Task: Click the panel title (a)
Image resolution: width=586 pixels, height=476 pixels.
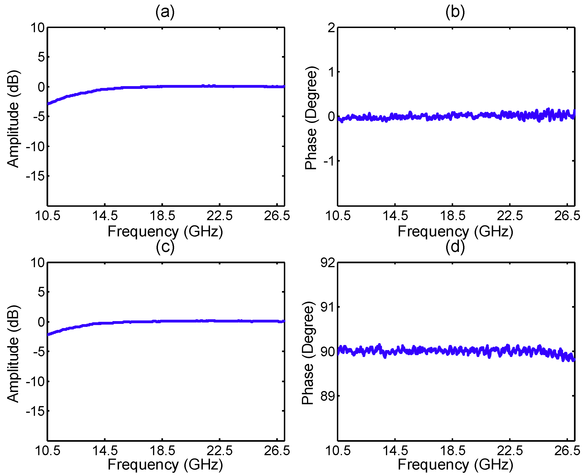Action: pos(165,12)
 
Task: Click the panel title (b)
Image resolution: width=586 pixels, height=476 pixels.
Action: pos(455,12)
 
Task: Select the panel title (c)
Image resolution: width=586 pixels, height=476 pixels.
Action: pos(165,247)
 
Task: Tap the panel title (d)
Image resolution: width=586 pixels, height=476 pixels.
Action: pos(455,247)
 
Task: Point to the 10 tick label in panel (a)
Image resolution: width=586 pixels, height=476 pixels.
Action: pos(37,28)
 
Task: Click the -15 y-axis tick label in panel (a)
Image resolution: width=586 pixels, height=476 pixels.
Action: pos(35,176)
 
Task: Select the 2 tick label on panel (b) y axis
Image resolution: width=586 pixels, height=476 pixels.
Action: pos(331,28)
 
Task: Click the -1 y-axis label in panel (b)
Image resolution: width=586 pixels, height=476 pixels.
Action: pos(329,161)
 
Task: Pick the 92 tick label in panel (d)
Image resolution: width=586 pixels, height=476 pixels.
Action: pos(328,263)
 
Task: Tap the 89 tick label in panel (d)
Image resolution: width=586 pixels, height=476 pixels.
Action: pos(328,396)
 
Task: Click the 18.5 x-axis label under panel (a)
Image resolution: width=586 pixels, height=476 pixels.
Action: pos(162,216)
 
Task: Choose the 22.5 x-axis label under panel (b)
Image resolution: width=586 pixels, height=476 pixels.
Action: pos(510,216)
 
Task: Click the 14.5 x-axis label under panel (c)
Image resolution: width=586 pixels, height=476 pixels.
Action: pos(105,451)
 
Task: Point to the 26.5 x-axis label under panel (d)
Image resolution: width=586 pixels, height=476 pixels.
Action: pos(567,451)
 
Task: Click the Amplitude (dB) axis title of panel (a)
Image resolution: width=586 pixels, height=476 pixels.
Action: pos(13,119)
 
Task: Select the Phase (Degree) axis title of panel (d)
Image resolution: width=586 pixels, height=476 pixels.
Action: pos(308,353)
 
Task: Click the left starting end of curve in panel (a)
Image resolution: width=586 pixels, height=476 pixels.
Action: pos(48,104)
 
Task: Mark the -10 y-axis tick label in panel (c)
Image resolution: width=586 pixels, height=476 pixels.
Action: pos(35,381)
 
